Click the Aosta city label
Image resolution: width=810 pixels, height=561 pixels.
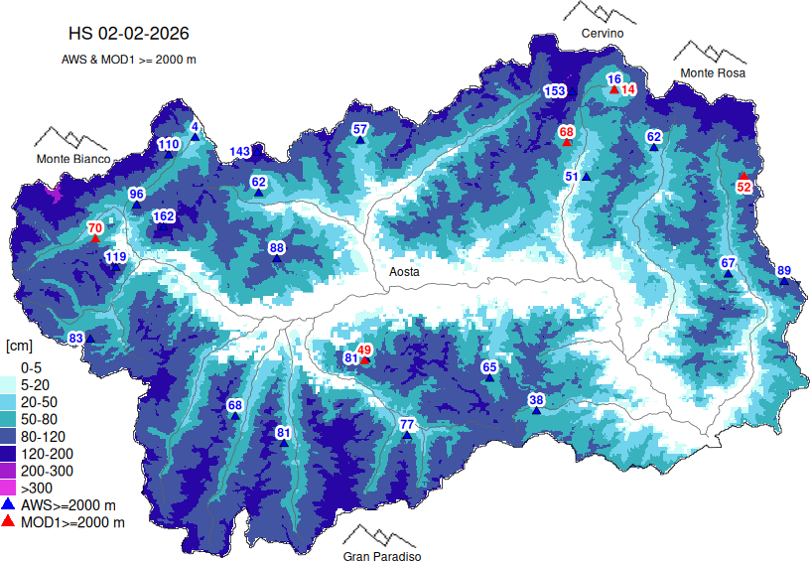pyautogui.click(x=404, y=271)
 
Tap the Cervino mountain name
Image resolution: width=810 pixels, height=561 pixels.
pyautogui.click(x=603, y=34)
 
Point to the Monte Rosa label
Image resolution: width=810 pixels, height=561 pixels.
pyautogui.click(x=712, y=73)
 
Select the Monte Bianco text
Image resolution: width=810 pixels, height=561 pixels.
pyautogui.click(x=73, y=159)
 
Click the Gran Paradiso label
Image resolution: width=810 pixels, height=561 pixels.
pyautogui.click(x=382, y=556)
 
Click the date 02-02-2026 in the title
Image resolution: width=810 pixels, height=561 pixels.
pyautogui.click(x=162, y=36)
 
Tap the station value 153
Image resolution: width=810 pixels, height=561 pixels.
pyautogui.click(x=554, y=91)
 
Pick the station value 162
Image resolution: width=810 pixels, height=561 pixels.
pyautogui.click(x=164, y=216)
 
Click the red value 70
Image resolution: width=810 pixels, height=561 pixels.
pyautogui.click(x=95, y=228)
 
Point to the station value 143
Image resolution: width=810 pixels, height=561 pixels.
pyautogui.click(x=240, y=152)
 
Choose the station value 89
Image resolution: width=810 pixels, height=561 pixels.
pyautogui.click(x=784, y=271)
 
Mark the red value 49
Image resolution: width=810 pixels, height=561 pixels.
pyautogui.click(x=364, y=350)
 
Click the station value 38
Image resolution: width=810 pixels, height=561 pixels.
pyautogui.click(x=536, y=400)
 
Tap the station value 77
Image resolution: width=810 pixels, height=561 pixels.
pyautogui.click(x=406, y=425)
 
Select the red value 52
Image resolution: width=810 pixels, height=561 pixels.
pyautogui.click(x=743, y=187)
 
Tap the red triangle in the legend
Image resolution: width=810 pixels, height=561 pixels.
pyautogui.click(x=10, y=521)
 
